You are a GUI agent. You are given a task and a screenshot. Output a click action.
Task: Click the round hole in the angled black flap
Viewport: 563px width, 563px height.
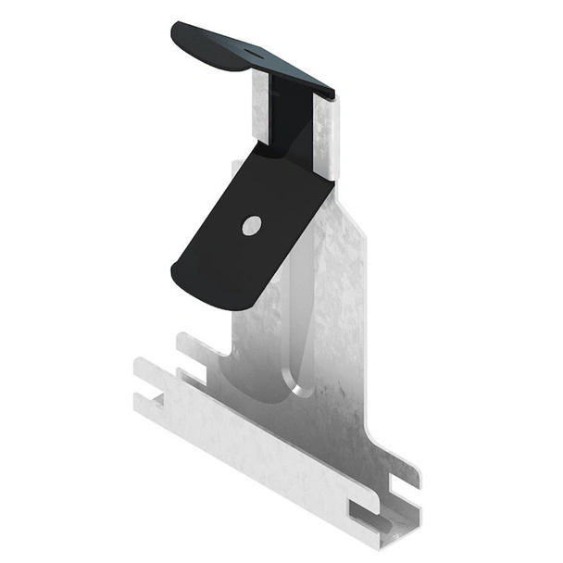point(251,224)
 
